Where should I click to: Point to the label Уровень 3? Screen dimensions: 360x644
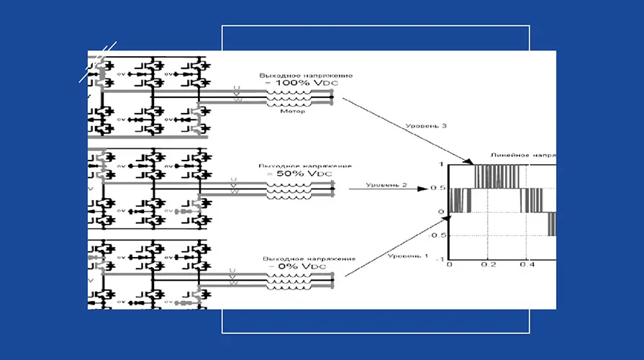tap(426, 126)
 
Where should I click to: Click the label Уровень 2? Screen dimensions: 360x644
tap(386, 185)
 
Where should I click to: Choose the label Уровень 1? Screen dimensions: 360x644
tap(407, 255)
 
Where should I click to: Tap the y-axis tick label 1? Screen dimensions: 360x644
tap(442, 165)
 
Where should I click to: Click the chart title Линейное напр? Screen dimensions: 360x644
tap(522, 155)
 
